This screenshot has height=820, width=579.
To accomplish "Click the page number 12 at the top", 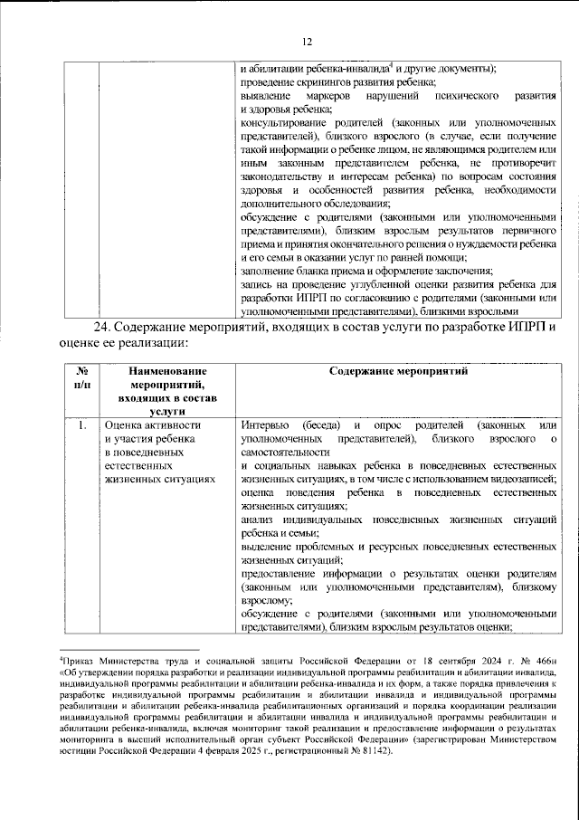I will pos(306,41).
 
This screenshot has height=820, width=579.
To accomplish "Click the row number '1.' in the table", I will pos(82,426).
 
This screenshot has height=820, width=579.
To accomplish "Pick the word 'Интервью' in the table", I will pos(265,426).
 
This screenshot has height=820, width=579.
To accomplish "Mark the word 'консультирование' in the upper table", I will pos(286,122).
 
